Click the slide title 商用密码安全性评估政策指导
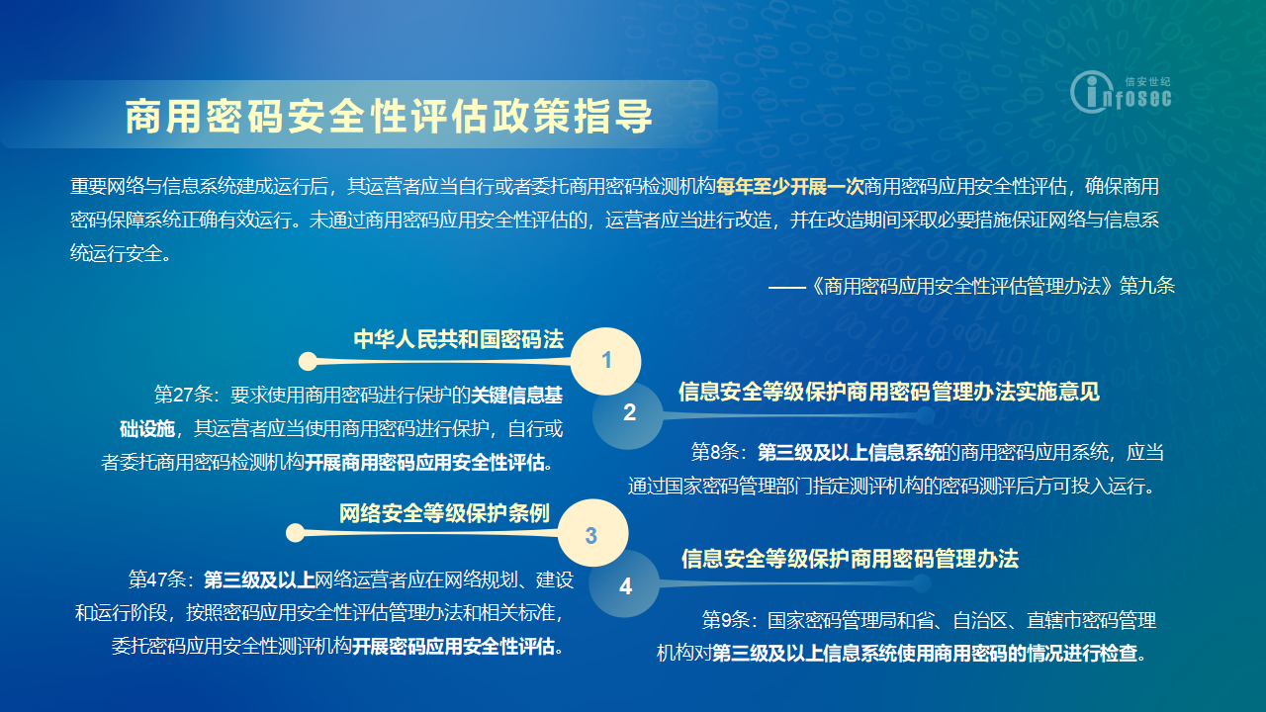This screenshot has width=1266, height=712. point(389,117)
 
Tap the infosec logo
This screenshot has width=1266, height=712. point(1121,92)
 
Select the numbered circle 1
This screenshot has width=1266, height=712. point(606,361)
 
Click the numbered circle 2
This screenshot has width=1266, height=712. point(628,413)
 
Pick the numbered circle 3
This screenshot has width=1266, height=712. point(592,533)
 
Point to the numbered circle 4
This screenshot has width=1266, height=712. point(624,584)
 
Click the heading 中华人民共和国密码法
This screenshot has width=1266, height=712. point(458,339)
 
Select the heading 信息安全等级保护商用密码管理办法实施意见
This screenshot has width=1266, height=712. point(889,391)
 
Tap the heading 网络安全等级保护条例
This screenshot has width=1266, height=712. point(444,513)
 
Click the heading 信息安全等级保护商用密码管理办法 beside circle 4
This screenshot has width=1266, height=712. point(850,559)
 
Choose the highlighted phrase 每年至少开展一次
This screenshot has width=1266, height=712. point(789,186)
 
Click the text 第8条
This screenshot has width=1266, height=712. point(715,452)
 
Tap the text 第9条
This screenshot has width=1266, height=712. point(726,620)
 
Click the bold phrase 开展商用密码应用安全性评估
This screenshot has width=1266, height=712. point(424,463)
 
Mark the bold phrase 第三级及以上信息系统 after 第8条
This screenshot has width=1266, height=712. point(850,452)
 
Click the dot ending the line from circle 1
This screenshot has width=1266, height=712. point(308,361)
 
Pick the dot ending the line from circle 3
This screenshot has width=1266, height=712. point(295,532)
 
